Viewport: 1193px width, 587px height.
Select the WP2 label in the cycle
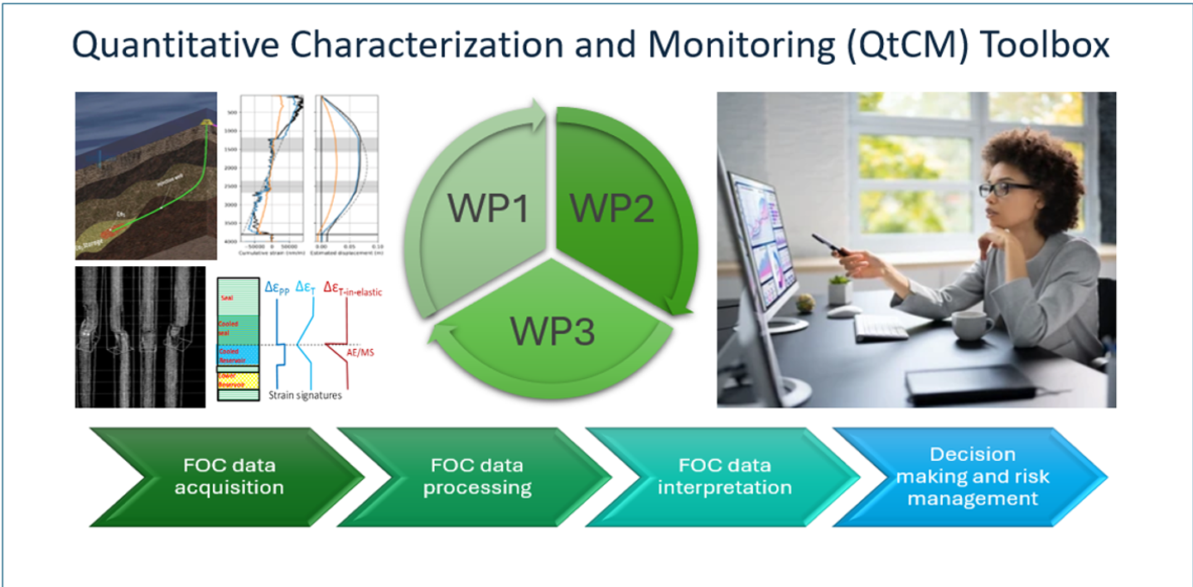614,208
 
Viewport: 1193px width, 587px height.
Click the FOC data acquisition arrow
229,476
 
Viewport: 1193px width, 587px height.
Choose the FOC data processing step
477,476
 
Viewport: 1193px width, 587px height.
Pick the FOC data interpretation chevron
724,476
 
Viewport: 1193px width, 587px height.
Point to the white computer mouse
843,312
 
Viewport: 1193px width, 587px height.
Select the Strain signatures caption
305,395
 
